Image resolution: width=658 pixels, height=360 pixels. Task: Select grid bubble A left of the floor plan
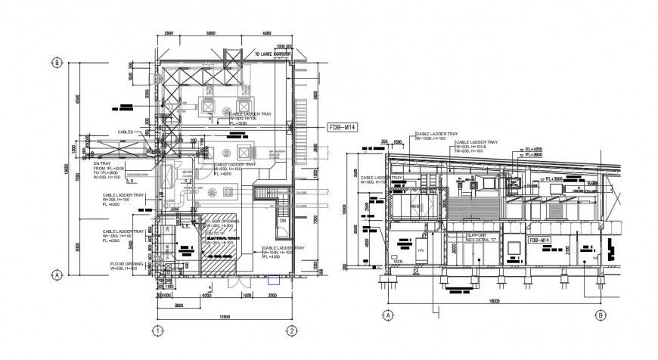click(x=56, y=275)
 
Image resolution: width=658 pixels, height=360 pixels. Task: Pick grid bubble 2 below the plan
click(x=290, y=331)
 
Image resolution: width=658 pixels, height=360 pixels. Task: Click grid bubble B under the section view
click(x=600, y=315)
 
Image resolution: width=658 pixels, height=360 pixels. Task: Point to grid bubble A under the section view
click(x=387, y=315)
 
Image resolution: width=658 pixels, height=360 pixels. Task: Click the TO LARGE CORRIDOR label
click(x=272, y=54)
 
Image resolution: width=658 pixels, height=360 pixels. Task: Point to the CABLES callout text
click(x=125, y=132)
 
